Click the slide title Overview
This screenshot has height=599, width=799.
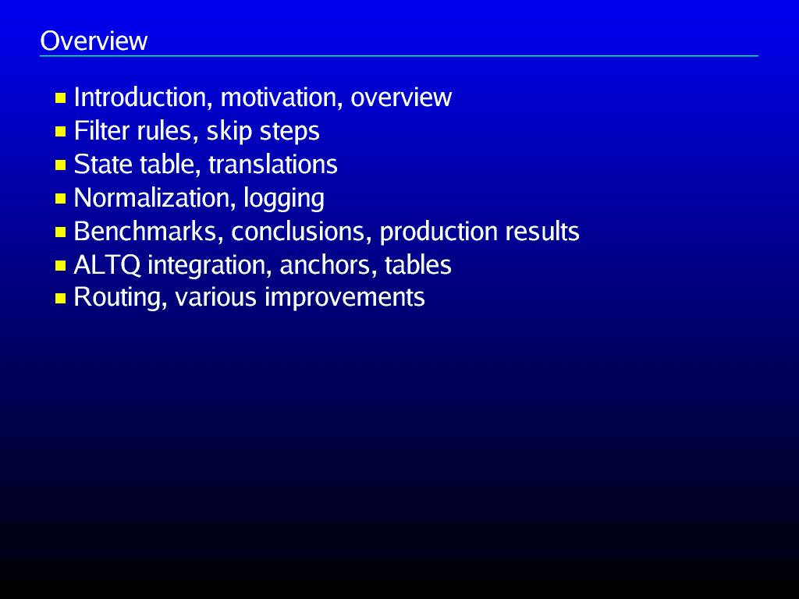point(94,41)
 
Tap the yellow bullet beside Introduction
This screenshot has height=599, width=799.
point(61,97)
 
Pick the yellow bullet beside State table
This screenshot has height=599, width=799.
point(61,165)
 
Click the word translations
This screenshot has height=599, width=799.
point(273,165)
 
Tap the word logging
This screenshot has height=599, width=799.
point(284,199)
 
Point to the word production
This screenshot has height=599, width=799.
point(439,232)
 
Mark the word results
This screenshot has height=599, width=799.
point(542,231)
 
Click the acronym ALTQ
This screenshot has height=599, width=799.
point(107,265)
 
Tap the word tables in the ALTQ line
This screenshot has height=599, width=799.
point(418,265)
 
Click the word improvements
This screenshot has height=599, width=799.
point(344,298)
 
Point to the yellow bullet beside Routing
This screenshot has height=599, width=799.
point(61,299)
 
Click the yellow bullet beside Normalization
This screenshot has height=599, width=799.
point(61,199)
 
